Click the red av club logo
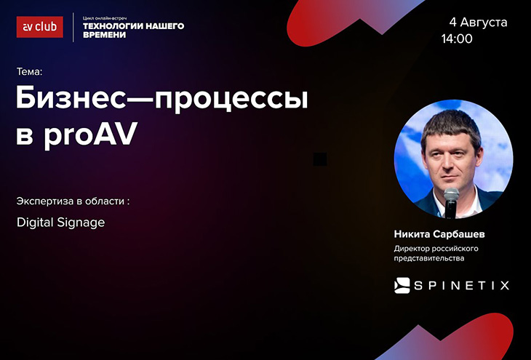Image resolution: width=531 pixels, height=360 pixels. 39,27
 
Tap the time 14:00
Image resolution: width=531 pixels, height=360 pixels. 457,39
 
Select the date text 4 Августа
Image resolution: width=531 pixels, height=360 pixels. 478,23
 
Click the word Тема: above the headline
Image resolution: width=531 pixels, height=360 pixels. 30,72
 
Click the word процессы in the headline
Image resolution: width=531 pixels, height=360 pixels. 231,100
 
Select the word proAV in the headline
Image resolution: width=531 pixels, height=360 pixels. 90,135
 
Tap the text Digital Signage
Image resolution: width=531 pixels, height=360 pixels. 60,223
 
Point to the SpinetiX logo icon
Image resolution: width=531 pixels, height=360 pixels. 402,286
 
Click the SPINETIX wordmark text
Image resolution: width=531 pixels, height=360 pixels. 462,286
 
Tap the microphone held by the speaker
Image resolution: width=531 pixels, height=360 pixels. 451,202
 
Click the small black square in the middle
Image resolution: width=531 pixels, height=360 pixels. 320,159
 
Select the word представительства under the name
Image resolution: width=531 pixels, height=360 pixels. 429,258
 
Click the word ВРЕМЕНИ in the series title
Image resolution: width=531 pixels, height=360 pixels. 104,35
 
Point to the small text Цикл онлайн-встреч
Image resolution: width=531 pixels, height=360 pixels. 105,18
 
